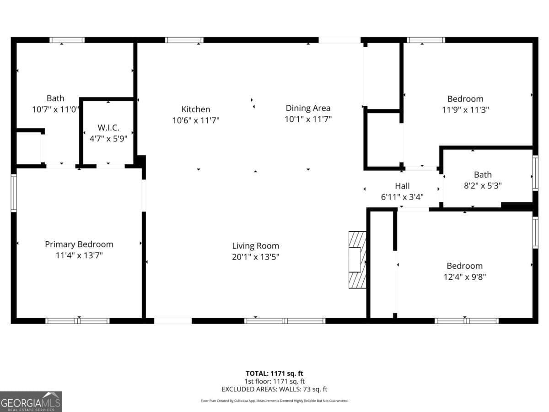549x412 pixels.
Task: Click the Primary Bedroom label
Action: pyautogui.click(x=79, y=244)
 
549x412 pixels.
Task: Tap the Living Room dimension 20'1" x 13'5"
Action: pyautogui.click(x=255, y=257)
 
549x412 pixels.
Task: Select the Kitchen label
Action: pyautogui.click(x=196, y=109)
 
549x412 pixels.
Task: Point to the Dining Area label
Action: pyautogui.click(x=308, y=108)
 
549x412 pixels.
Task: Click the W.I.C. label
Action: pyautogui.click(x=108, y=127)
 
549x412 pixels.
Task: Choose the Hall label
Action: pyautogui.click(x=402, y=186)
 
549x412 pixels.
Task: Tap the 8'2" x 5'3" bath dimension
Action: pyautogui.click(x=483, y=185)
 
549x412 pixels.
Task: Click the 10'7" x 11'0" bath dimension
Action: pyautogui.click(x=55, y=109)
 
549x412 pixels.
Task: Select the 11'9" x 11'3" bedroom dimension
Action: pyautogui.click(x=465, y=110)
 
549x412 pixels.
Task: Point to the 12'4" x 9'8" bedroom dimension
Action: pyautogui.click(x=464, y=277)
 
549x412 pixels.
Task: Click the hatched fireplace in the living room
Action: pyautogui.click(x=358, y=259)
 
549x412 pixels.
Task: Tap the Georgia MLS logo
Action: pyautogui.click(x=31, y=401)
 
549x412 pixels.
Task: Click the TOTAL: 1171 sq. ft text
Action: pyautogui.click(x=274, y=373)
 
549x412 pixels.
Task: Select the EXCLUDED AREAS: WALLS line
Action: pyautogui.click(x=274, y=389)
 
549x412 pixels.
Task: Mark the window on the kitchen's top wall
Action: pyautogui.click(x=184, y=40)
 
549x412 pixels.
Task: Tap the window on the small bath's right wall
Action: pyautogui.click(x=535, y=173)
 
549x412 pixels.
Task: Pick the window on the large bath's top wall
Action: pyautogui.click(x=67, y=40)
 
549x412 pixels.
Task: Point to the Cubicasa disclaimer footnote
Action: pyautogui.click(x=274, y=401)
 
